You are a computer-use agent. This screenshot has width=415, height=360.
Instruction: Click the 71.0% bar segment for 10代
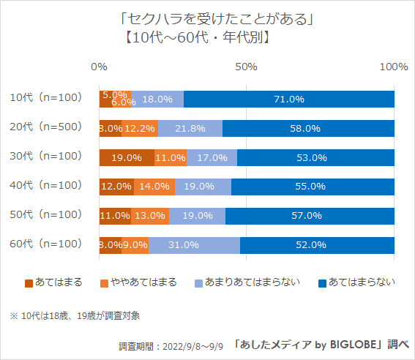(289, 100)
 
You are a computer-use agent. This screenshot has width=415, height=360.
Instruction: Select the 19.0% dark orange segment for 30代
(127, 157)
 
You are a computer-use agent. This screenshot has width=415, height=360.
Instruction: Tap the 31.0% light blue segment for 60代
(194, 244)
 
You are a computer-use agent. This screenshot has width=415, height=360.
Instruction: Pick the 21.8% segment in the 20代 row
(190, 128)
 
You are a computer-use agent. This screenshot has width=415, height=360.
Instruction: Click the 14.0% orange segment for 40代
(154, 187)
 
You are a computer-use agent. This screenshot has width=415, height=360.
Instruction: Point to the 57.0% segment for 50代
(310, 216)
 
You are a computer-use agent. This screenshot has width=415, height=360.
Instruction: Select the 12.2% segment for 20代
(139, 128)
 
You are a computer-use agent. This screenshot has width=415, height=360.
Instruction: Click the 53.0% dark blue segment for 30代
(315, 157)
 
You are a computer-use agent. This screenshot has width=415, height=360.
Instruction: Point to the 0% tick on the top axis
(99, 67)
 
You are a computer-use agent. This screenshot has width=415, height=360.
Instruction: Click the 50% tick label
(246, 67)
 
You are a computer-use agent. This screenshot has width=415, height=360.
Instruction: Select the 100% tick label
(394, 67)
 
